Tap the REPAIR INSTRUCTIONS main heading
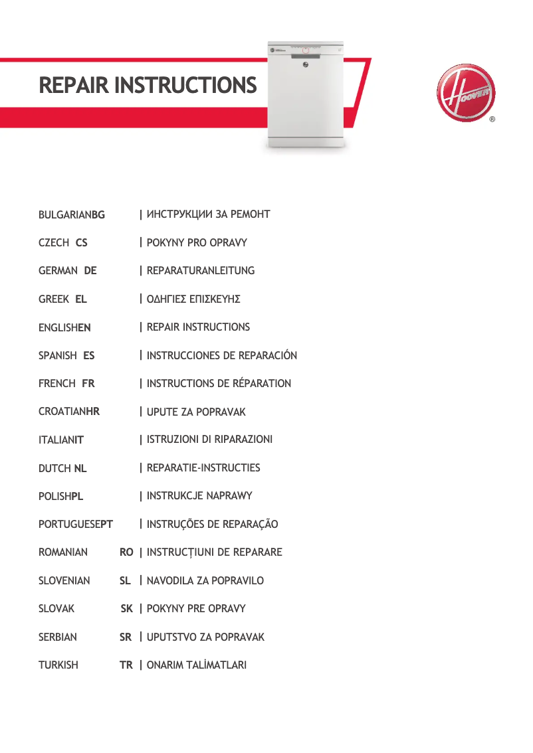click(x=148, y=86)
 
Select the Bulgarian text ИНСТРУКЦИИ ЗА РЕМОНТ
click(x=208, y=214)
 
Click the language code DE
click(x=90, y=271)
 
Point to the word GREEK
click(x=54, y=299)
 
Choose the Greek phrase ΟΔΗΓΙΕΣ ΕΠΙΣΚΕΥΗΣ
click(x=193, y=299)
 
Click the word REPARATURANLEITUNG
click(x=201, y=271)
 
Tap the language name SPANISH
click(x=58, y=356)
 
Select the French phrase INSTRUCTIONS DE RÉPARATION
click(x=219, y=384)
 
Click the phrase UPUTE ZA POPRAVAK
click(x=196, y=412)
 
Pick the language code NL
click(x=80, y=469)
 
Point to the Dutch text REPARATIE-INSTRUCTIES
click(x=203, y=468)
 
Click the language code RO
click(x=126, y=552)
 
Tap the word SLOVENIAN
click(x=64, y=581)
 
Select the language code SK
click(x=126, y=609)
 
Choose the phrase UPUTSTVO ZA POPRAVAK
click(x=205, y=637)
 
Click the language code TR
click(x=126, y=665)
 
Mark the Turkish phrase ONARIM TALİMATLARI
click(x=197, y=665)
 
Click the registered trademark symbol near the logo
click(x=492, y=120)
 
